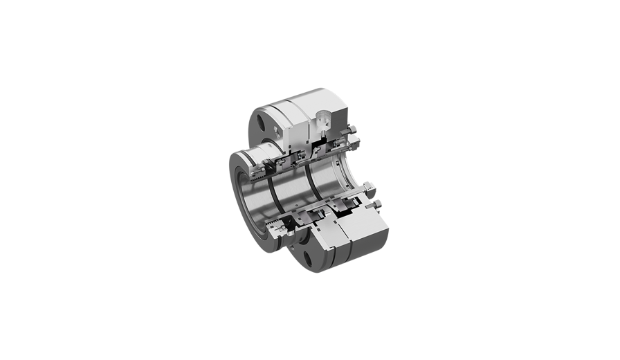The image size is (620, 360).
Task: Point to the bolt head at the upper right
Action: click(x=352, y=128)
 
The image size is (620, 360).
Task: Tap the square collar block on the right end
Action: click(x=368, y=189)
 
